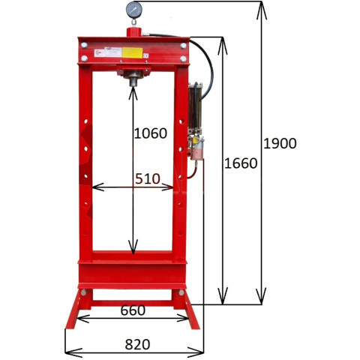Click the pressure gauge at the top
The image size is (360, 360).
(x=134, y=10)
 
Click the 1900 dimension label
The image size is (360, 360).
(x=280, y=143)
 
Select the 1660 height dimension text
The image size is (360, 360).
(x=241, y=163)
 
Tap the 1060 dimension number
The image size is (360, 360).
(x=151, y=133)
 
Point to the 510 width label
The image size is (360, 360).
(x=148, y=178)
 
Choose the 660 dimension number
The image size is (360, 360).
(x=133, y=310)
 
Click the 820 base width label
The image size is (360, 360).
(x=137, y=344)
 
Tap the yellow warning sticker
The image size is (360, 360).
(x=132, y=52)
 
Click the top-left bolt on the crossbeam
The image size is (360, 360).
(x=84, y=45)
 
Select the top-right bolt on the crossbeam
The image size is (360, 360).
(x=183, y=46)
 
